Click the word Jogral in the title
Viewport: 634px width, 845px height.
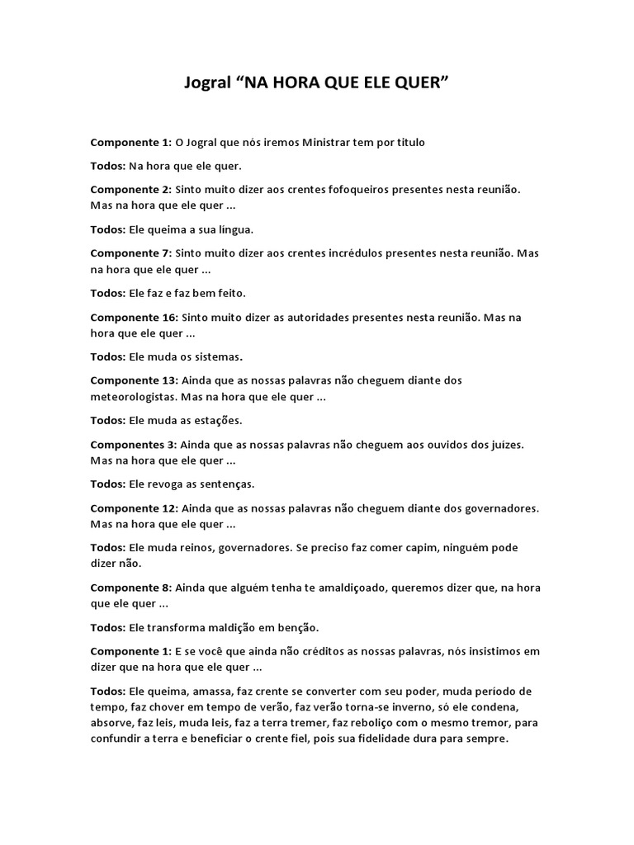click(206, 84)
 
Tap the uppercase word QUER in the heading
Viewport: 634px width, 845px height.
click(426, 84)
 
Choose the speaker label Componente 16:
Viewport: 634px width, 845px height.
click(134, 317)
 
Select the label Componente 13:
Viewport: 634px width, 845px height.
click(134, 380)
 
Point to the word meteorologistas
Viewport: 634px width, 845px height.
click(133, 396)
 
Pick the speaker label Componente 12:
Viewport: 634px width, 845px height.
click(134, 507)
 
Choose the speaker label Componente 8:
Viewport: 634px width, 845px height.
click(130, 588)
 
